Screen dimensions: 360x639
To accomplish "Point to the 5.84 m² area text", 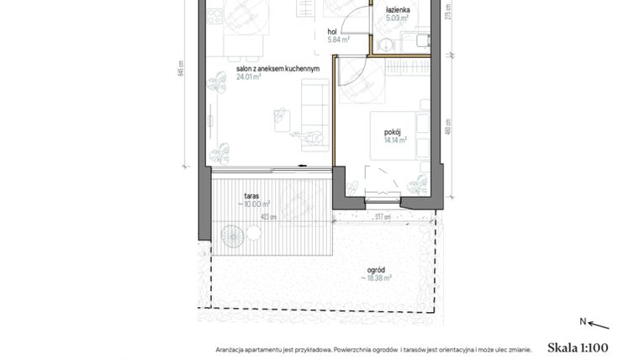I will coord(338,40).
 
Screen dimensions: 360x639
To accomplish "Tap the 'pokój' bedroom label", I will coord(392,132).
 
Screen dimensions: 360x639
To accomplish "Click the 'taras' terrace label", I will coord(251,195).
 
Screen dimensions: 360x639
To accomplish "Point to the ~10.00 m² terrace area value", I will coord(255,204).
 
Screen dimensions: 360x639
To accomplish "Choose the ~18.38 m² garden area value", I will coord(378,278).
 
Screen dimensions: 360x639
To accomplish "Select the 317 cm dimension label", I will coord(383,217).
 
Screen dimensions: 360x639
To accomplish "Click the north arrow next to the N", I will coord(598,324).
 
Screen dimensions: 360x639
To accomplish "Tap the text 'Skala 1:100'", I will coord(577,347).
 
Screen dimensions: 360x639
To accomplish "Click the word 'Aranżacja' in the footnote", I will coord(230,348).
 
